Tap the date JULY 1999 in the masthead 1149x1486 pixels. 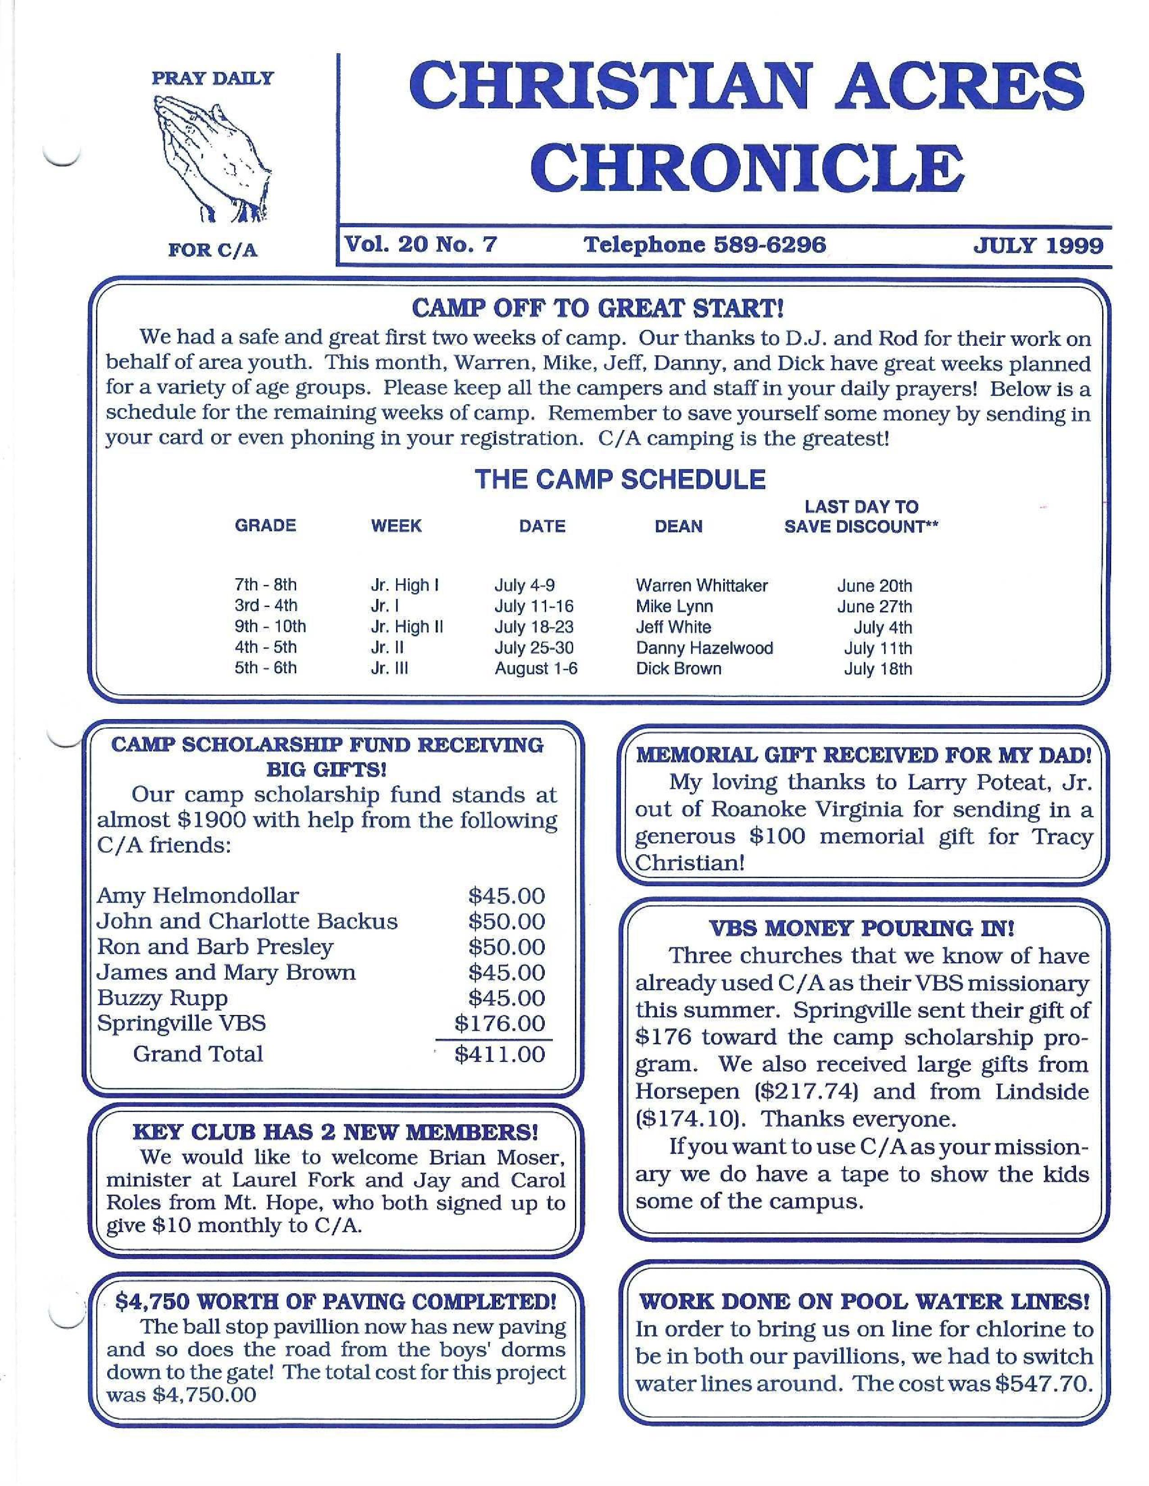pos(1038,245)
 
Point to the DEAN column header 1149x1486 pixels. pos(678,526)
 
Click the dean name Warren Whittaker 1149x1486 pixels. pos(701,585)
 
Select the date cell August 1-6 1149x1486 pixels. pos(536,668)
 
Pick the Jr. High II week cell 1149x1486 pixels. pos(407,627)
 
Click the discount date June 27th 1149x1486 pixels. pos(874,606)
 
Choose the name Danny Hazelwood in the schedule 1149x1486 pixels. pos(705,648)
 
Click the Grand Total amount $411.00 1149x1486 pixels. pos(500,1055)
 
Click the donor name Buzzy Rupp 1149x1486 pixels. pos(163,998)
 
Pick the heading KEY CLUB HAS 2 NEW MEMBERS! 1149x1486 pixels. pos(335,1132)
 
